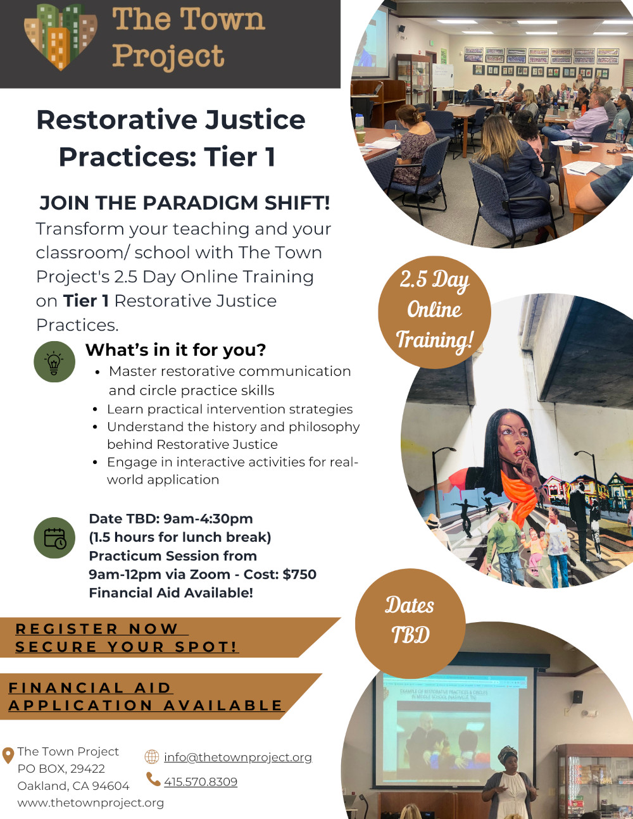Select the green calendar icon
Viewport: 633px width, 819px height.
[x=54, y=537]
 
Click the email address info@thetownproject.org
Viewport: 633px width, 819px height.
[x=237, y=757]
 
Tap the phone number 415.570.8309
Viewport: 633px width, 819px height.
[x=200, y=782]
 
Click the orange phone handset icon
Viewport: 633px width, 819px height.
[x=153, y=779]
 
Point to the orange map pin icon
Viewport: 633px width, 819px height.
[x=8, y=755]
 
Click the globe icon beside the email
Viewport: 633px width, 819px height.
[x=152, y=756]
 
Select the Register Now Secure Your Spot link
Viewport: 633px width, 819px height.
[x=127, y=637]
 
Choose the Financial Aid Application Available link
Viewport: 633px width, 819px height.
[x=145, y=696]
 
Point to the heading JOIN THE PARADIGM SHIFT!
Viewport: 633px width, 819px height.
[x=184, y=203]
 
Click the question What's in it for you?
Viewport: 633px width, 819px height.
[x=175, y=349]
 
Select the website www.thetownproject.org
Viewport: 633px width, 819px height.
[x=91, y=803]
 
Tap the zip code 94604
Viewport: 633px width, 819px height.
[x=111, y=785]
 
